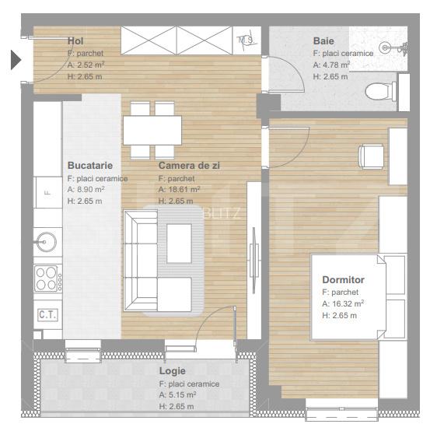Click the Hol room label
pos(75,40)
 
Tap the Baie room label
pos(323,40)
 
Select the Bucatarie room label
pos(90,166)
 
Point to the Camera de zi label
pos(189,166)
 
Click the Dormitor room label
pos(343,279)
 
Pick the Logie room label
pos(172,370)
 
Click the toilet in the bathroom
pos(380,91)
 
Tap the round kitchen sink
pos(47,242)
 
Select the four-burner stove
pos(48,279)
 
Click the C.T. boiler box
pos(47,315)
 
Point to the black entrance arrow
pos(16,60)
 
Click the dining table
pos(152,130)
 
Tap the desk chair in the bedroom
pos(371,156)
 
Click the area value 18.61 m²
pos(179,189)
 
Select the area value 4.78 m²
pos(331,65)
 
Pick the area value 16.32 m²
pos(343,303)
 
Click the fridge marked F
pos(48,193)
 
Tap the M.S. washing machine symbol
pos(246,40)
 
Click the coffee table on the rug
pos(179,244)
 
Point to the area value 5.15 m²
pos(177,394)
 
